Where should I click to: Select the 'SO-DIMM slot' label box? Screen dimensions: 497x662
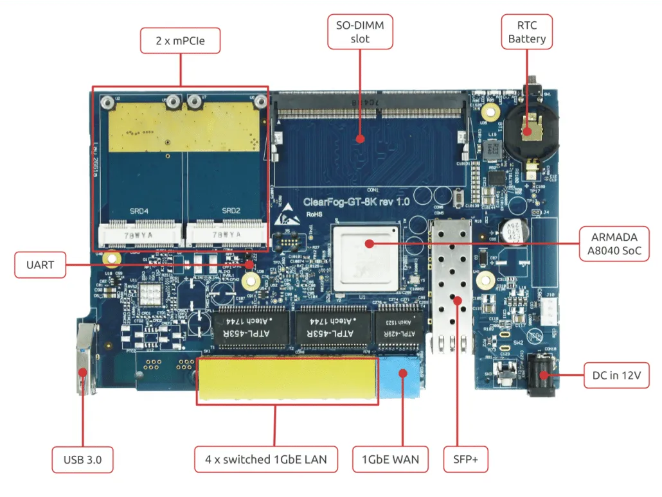pos(360,32)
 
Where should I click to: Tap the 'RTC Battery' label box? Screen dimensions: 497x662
pos(527,32)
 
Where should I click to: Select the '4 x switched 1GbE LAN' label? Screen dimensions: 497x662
pos(266,459)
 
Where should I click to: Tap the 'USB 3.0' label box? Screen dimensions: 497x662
pos(84,459)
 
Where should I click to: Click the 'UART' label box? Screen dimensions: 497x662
pos(40,265)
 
